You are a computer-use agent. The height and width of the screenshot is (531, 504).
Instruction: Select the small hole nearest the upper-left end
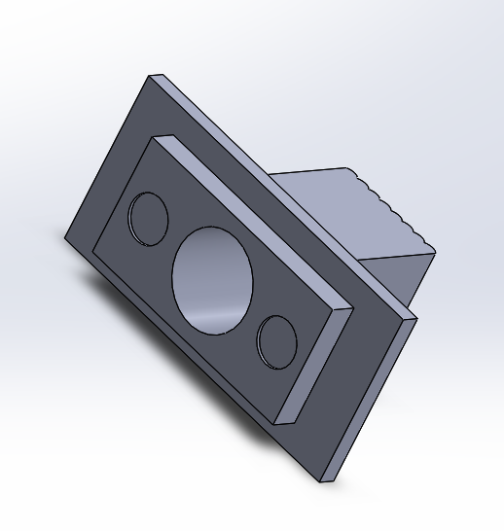tap(149, 217)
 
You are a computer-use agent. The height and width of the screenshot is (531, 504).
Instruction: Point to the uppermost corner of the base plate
tap(150, 75)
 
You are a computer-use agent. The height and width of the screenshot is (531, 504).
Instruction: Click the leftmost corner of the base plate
tap(65, 238)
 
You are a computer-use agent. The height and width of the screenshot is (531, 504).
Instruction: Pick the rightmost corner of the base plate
tap(416, 318)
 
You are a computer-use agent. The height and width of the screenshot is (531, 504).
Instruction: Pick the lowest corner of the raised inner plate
tap(276, 425)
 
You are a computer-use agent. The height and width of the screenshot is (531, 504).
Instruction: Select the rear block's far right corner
tap(435, 252)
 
